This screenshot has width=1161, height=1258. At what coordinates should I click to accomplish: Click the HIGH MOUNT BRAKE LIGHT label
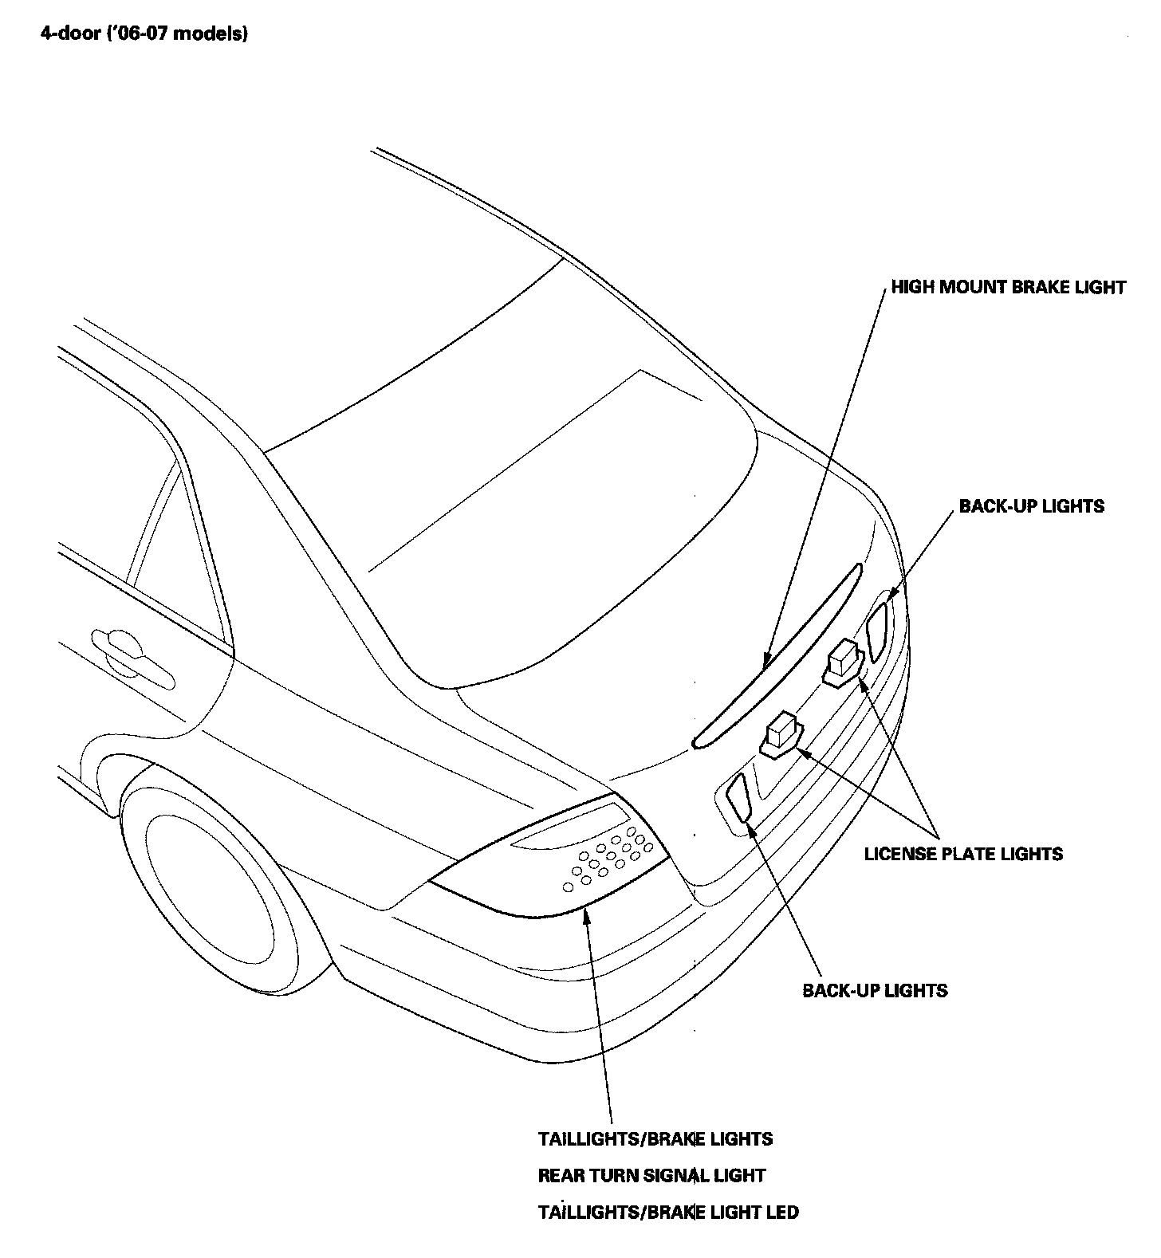click(1008, 287)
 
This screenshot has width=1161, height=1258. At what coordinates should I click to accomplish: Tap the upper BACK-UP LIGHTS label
click(1031, 506)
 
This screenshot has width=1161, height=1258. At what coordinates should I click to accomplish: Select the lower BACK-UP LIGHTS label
click(875, 991)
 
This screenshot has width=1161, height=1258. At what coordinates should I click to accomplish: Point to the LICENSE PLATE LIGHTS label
click(963, 854)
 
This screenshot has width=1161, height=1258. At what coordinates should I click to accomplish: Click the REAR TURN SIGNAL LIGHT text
click(651, 1176)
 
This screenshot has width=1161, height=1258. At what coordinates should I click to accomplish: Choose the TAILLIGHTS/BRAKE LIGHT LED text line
click(668, 1213)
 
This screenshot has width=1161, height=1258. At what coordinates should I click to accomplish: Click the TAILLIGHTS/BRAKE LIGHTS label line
click(655, 1139)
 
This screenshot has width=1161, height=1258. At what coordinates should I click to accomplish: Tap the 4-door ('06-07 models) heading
click(144, 34)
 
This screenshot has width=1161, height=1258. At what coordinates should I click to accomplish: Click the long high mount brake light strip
click(777, 658)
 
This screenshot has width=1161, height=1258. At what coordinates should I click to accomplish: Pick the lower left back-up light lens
click(738, 797)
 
